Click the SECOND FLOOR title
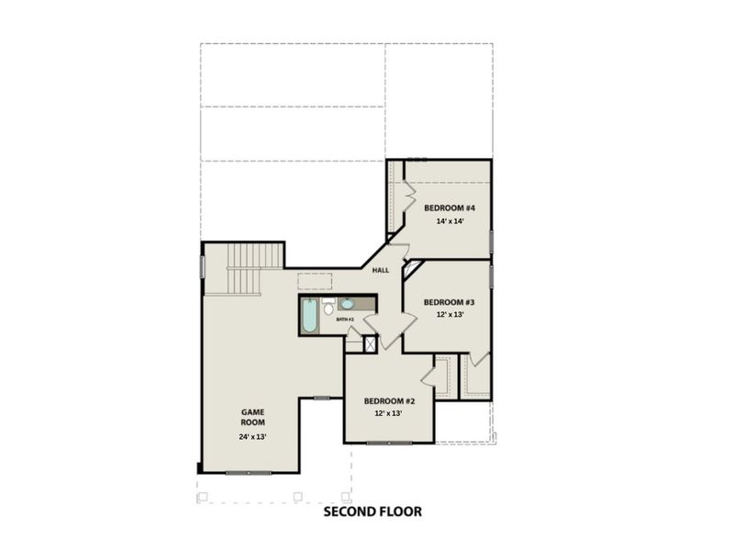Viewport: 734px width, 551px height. [373, 512]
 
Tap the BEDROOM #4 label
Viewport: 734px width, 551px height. [449, 208]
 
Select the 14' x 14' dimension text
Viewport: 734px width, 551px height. [449, 222]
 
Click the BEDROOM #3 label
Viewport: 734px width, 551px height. [449, 302]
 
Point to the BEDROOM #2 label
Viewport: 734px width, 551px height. [390, 401]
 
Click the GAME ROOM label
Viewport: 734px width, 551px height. [252, 417]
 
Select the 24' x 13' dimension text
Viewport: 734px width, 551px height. [252, 437]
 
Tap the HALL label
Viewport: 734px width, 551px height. [381, 270]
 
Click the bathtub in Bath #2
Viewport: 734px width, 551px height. [310, 316]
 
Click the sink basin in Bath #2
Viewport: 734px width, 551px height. [348, 304]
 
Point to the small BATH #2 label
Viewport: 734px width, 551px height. [345, 320]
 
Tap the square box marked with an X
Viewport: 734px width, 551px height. [371, 344]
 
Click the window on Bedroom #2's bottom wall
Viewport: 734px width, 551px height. [389, 444]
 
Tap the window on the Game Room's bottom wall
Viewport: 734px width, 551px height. [249, 473]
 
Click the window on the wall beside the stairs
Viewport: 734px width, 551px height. [202, 265]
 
